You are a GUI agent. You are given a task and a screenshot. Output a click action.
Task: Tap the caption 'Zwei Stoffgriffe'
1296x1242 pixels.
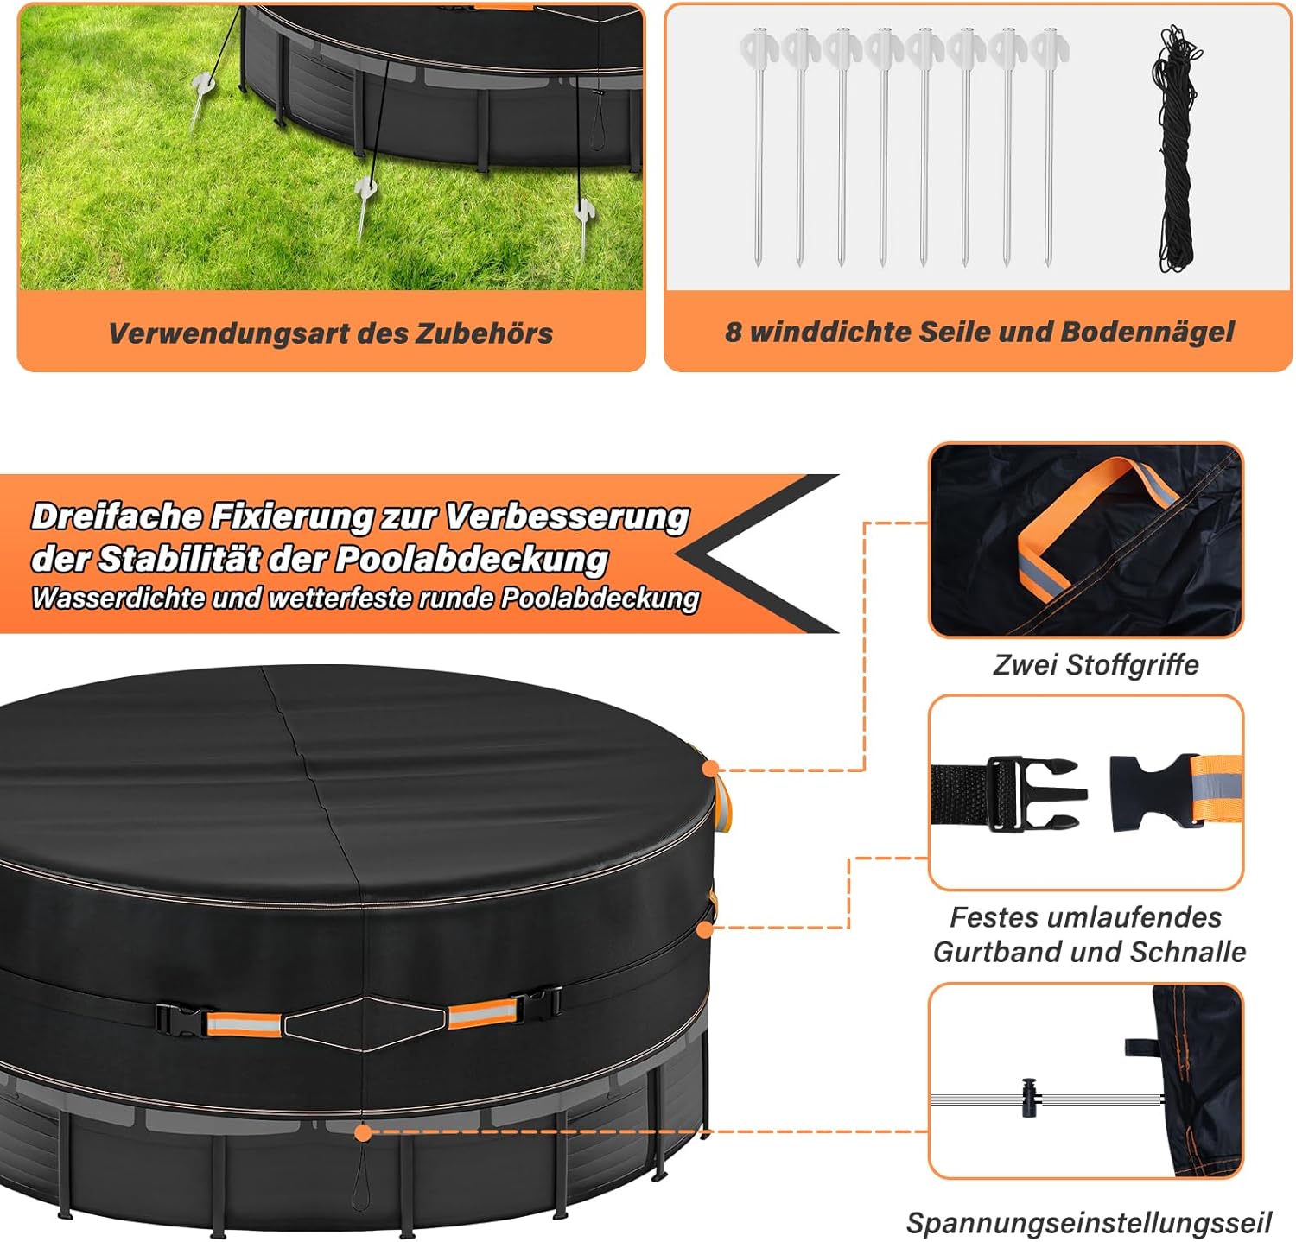(x=1096, y=664)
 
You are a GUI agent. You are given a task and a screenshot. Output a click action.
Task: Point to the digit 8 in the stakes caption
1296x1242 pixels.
(x=733, y=332)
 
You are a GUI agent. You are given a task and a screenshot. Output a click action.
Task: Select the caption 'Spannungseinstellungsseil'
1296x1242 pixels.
(x=1089, y=1222)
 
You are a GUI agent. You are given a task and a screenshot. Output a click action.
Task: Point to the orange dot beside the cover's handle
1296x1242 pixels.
(x=711, y=768)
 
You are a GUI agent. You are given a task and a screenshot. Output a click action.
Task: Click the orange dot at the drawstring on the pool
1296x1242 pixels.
(x=364, y=1131)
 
